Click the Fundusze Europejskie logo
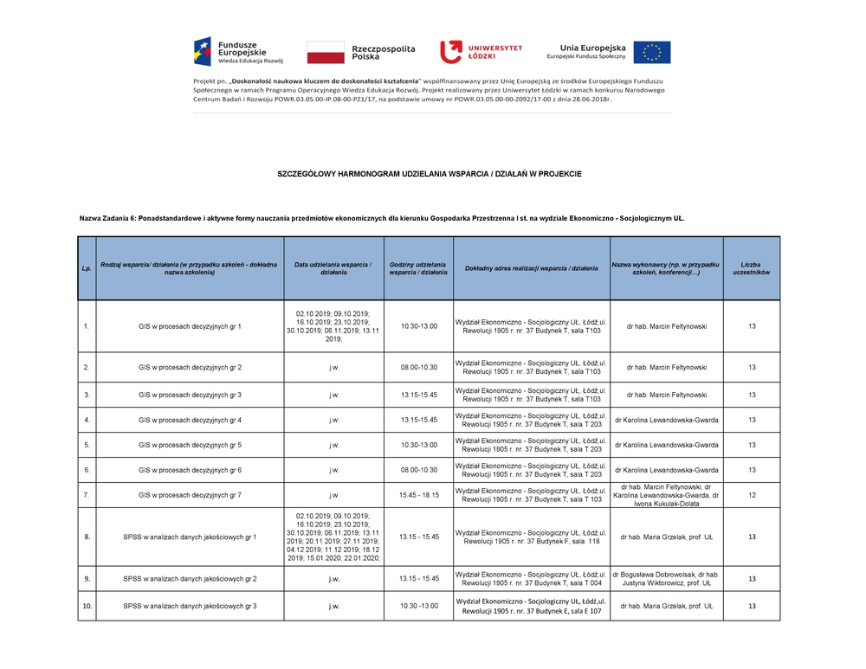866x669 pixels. [x=237, y=51]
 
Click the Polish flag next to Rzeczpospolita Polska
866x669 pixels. [x=326, y=52]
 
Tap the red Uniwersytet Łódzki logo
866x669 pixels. [x=450, y=51]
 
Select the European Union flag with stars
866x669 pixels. [x=651, y=52]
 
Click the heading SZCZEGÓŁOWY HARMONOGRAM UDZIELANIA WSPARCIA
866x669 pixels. [x=429, y=174]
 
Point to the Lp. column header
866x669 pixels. [x=87, y=268]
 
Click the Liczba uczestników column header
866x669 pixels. [x=751, y=268]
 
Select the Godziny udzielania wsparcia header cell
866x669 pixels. [x=418, y=268]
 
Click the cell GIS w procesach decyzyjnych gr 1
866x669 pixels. [x=190, y=326]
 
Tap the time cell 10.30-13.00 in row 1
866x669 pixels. [x=418, y=326]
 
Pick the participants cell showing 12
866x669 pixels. [x=751, y=495]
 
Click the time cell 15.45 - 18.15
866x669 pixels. [x=418, y=495]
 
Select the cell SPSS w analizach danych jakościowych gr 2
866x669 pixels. [x=190, y=579]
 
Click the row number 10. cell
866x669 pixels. [x=87, y=606]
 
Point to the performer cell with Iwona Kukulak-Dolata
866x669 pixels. [x=666, y=495]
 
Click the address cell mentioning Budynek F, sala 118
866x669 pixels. [x=531, y=537]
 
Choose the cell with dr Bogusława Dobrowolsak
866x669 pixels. [x=666, y=579]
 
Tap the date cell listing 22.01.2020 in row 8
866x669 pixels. [x=333, y=537]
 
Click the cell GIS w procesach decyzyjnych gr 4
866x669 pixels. [x=190, y=420]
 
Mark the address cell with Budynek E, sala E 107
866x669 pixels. [x=531, y=606]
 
